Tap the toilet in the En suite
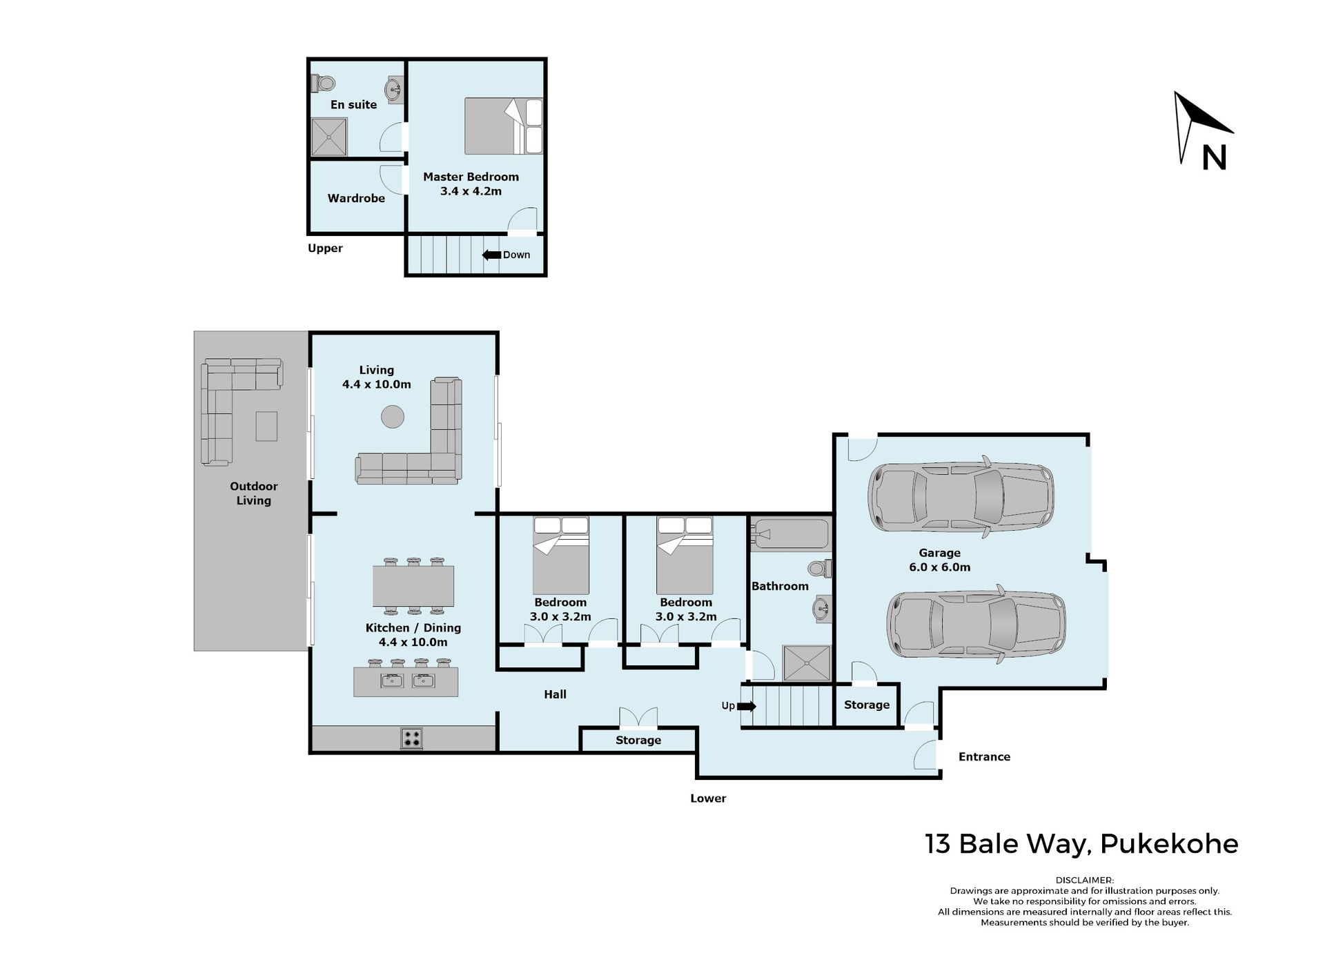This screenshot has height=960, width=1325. pyautogui.click(x=323, y=83)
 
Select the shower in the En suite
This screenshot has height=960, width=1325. pyautogui.click(x=328, y=137)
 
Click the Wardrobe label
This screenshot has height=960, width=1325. pyautogui.click(x=356, y=198)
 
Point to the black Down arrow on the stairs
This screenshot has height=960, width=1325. pyautogui.click(x=491, y=255)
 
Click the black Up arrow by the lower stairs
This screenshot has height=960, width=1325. pyautogui.click(x=747, y=706)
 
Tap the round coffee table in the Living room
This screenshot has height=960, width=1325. pyautogui.click(x=393, y=417)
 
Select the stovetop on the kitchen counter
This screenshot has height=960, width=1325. pyautogui.click(x=411, y=738)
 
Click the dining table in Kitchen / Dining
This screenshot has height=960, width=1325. pyautogui.click(x=413, y=586)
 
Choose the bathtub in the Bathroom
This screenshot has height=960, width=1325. pyautogui.click(x=789, y=534)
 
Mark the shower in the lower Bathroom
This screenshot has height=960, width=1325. pyautogui.click(x=806, y=664)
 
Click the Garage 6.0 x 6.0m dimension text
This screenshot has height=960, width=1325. pyautogui.click(x=939, y=567)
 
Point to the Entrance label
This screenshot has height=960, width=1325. pyautogui.click(x=984, y=756)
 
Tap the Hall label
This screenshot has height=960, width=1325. pyautogui.click(x=555, y=694)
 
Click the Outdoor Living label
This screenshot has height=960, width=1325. pyautogui.click(x=254, y=493)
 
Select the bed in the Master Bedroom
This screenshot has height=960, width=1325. pyautogui.click(x=504, y=126)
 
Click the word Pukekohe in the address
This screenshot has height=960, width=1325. pyautogui.click(x=1169, y=844)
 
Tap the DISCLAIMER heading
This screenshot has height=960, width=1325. pyautogui.click(x=1084, y=880)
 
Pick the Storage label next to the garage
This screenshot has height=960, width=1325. pyautogui.click(x=867, y=705)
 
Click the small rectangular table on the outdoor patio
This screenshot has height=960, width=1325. pyautogui.click(x=266, y=426)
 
